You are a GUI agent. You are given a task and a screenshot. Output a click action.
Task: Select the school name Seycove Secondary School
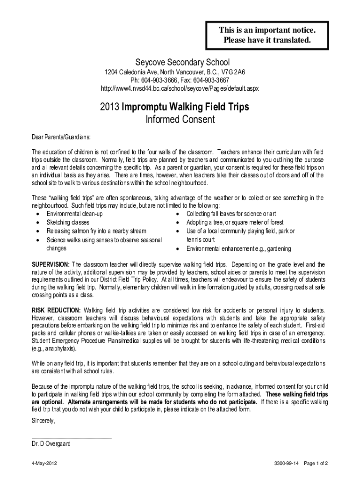coord(180,62)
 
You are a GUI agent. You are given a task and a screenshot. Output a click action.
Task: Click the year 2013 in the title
coord(110,107)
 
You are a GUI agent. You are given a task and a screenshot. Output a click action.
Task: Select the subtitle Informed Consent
coord(180,120)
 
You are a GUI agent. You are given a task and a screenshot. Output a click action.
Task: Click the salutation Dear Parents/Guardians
coord(60,138)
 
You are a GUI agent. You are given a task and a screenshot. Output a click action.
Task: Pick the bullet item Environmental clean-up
coord(75,214)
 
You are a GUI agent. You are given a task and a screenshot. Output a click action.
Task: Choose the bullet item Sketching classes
coord(68,222)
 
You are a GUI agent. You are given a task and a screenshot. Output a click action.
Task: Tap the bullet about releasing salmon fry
coord(96,231)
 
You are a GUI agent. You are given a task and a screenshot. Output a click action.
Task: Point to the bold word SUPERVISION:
coord(50,264)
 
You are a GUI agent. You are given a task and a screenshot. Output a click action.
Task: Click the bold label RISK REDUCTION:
coord(56,310)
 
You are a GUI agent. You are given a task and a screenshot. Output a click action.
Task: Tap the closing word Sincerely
coord(43,421)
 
